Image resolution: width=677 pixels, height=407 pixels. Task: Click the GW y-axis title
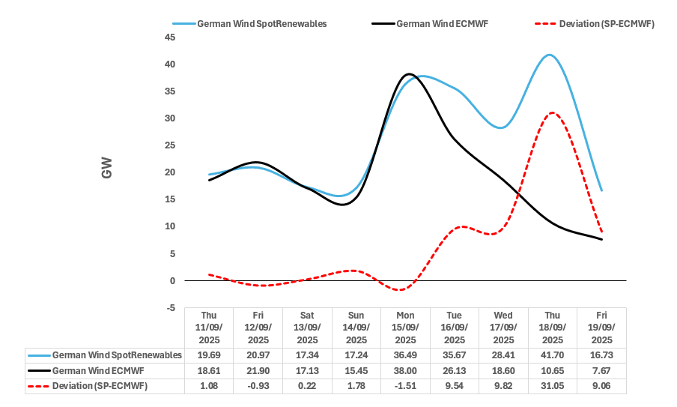[106, 172]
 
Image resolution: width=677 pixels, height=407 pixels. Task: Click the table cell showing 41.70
[552, 355]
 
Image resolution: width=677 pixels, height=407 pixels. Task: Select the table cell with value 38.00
[405, 370]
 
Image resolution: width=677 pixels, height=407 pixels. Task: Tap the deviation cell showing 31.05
[552, 386]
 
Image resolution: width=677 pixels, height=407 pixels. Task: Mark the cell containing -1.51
[405, 386]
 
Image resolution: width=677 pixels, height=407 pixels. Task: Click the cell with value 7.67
[601, 370]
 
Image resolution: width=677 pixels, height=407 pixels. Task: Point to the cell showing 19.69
[208, 355]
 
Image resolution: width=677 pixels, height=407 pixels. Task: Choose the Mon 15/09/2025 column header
[405, 327]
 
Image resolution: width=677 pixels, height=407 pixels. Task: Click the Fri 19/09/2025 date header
[601, 327]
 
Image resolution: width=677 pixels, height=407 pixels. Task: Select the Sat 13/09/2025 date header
[307, 327]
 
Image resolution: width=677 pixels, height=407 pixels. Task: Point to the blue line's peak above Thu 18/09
[550, 55]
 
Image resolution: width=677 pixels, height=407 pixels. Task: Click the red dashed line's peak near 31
[552, 112]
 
